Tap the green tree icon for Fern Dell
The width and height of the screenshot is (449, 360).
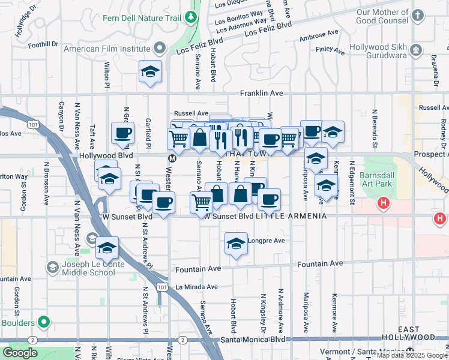191,17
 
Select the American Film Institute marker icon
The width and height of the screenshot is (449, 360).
160,47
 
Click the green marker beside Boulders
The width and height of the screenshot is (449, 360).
43,322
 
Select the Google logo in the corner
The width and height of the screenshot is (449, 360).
20,353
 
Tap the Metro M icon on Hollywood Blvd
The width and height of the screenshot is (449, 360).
172,159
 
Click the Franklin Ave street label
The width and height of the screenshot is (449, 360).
261,94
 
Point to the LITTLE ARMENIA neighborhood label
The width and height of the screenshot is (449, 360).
291,216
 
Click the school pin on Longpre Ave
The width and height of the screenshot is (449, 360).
237,244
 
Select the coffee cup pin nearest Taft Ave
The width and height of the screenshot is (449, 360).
123,133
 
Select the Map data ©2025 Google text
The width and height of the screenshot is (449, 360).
412,355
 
